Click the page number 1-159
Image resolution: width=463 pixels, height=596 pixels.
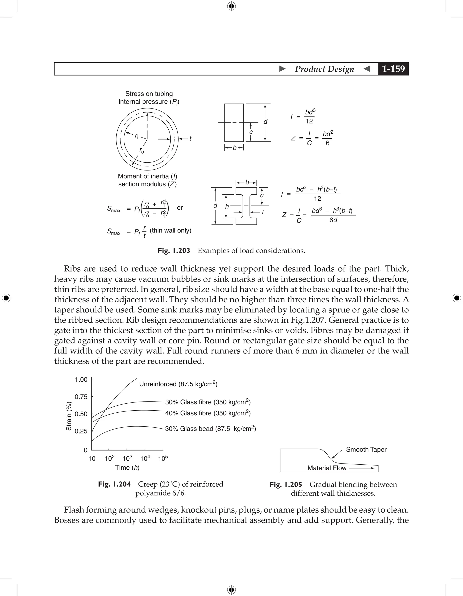tap(393, 69)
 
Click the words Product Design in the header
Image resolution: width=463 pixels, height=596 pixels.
tap(324, 69)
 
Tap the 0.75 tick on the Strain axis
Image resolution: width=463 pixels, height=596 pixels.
tap(81, 397)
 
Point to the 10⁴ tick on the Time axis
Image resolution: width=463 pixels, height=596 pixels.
tap(145, 458)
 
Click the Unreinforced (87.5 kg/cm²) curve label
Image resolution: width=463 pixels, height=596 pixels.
tap(178, 384)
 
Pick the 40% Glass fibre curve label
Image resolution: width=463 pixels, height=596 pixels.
tap(208, 413)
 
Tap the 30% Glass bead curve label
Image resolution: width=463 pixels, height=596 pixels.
tap(210, 428)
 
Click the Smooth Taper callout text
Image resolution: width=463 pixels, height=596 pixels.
tap(366, 449)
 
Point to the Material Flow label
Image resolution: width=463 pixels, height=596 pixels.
tap(327, 468)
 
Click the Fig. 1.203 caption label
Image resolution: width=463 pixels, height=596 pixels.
tap(174, 251)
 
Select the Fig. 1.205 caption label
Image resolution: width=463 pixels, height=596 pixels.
tap(286, 485)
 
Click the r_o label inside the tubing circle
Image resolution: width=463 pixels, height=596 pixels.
tap(142, 150)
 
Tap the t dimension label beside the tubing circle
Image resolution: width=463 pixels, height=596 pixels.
tap(190, 139)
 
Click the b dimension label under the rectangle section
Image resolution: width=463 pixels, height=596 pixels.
tap(234, 148)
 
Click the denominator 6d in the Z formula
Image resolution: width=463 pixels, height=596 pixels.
tap(333, 220)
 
